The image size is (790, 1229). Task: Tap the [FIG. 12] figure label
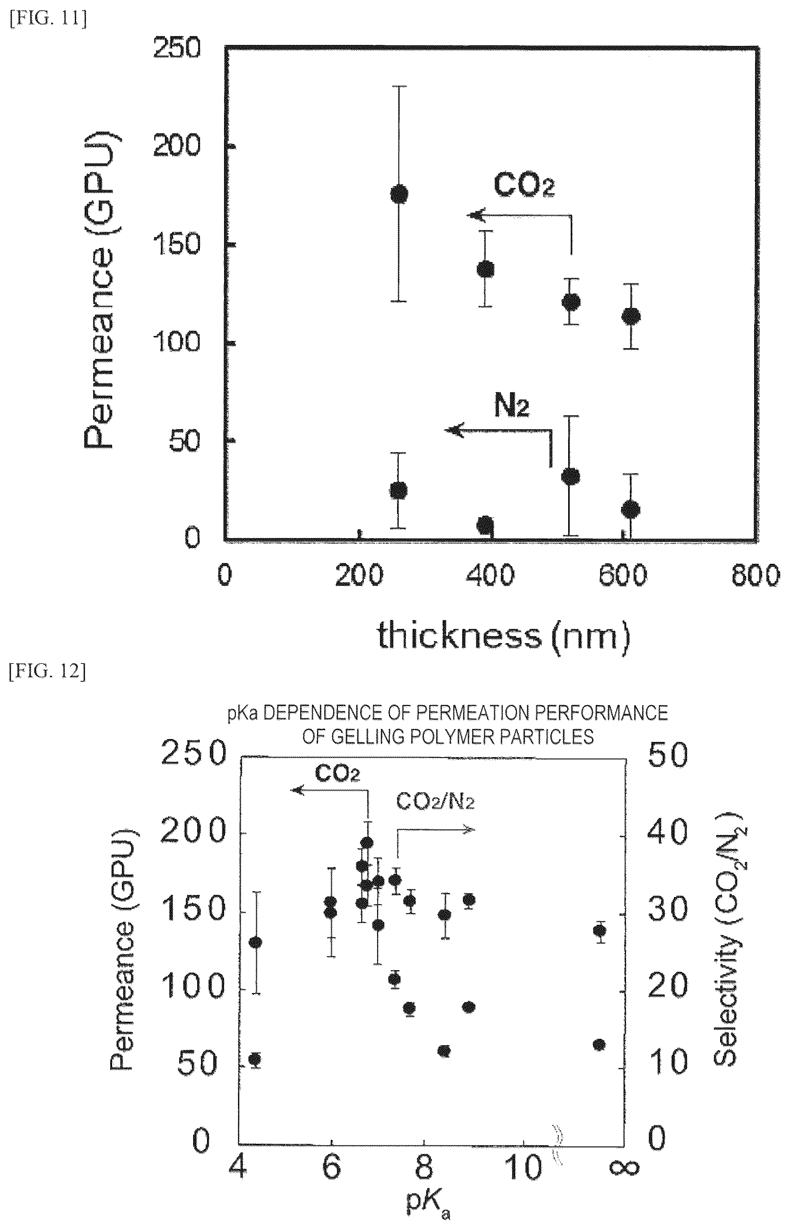click(x=47, y=671)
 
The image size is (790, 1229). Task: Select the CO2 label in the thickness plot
click(x=524, y=186)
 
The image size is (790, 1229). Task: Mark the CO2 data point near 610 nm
click(x=630, y=316)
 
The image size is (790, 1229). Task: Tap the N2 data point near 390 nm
click(x=485, y=525)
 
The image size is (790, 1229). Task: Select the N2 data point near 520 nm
click(x=570, y=476)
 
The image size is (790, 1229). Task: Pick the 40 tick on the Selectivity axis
click(x=667, y=831)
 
